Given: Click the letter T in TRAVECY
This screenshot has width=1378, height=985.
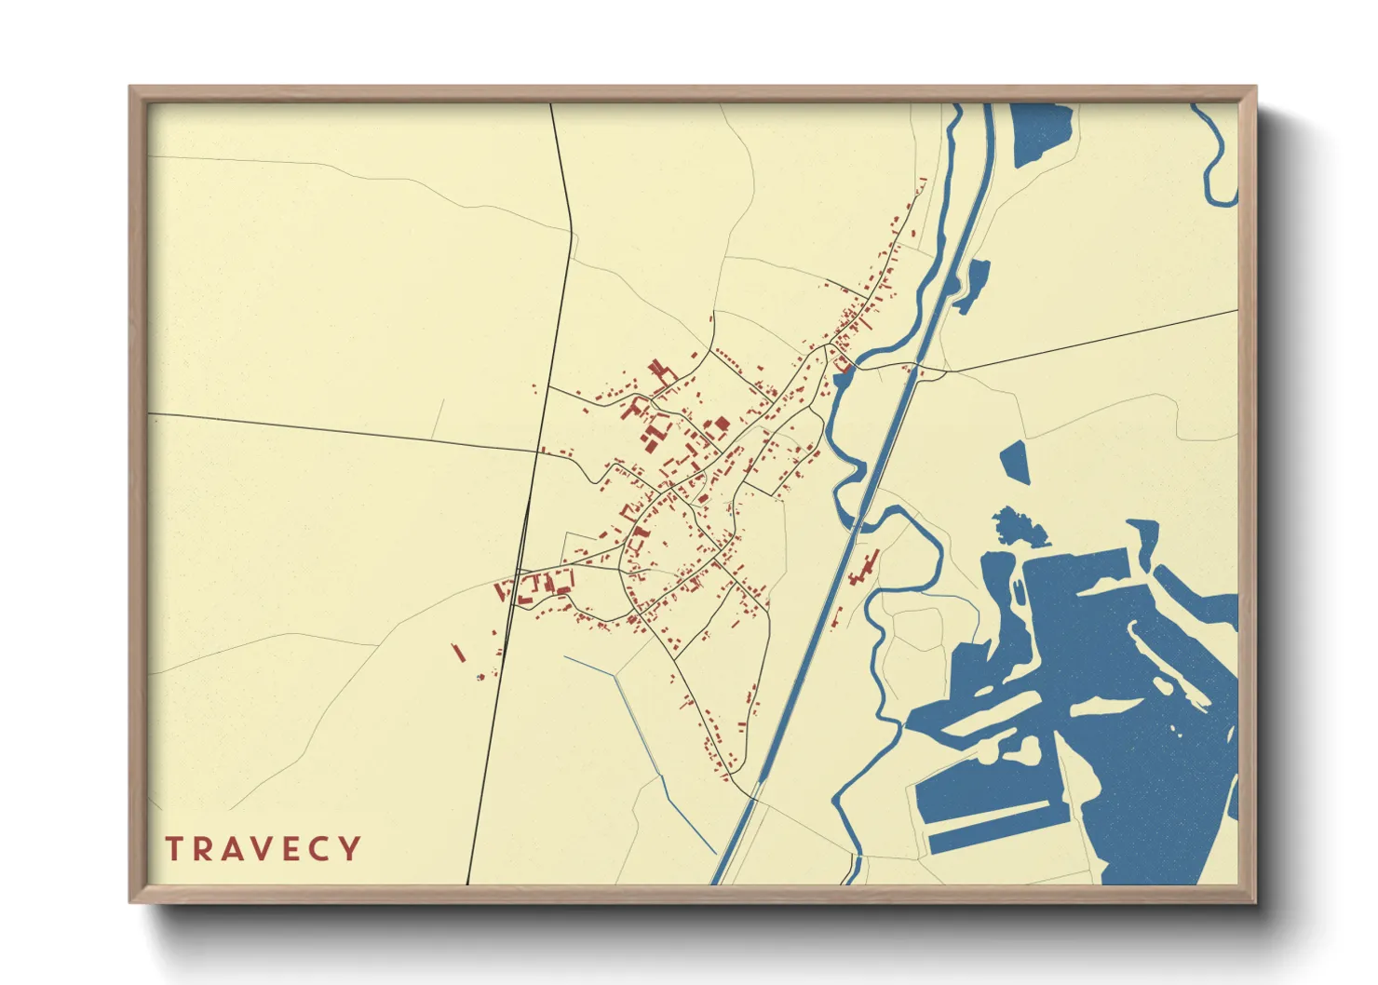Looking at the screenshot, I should coord(174,849).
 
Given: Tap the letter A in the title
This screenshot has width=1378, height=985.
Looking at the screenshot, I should coord(234,849).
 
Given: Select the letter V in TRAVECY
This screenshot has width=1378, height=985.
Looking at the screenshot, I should coord(263,849).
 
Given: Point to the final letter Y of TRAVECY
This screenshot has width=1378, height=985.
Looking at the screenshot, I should coord(349,849).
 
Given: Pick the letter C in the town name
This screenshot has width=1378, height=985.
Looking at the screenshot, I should coord(321,849).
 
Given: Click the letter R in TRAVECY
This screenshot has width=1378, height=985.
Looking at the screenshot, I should coord(203,849).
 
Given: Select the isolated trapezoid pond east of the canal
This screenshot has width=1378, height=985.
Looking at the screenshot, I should coord(1016,461).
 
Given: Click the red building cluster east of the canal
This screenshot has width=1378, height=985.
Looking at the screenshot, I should coord(864,568).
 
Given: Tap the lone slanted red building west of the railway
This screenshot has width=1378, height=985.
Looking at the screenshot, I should coord(458,652).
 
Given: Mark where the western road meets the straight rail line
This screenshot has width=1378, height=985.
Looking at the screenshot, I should coord(537,452).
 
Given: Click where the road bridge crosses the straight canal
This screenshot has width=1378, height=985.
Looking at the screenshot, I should coord(914,370).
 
